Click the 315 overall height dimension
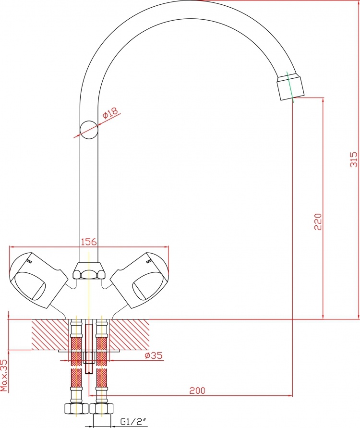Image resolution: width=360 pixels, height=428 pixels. click(x=354, y=159)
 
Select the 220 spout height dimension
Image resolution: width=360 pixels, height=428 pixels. click(x=318, y=221)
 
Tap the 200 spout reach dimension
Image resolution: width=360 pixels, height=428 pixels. click(x=197, y=391)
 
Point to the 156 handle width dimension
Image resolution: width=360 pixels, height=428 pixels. click(x=89, y=242)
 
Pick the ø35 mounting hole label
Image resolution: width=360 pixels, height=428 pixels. click(x=153, y=355)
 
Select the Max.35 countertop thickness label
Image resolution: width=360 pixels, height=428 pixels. click(x=4, y=375)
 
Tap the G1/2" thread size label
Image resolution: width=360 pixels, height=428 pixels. click(x=133, y=422)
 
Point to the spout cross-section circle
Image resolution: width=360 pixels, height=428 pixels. click(x=89, y=130)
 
